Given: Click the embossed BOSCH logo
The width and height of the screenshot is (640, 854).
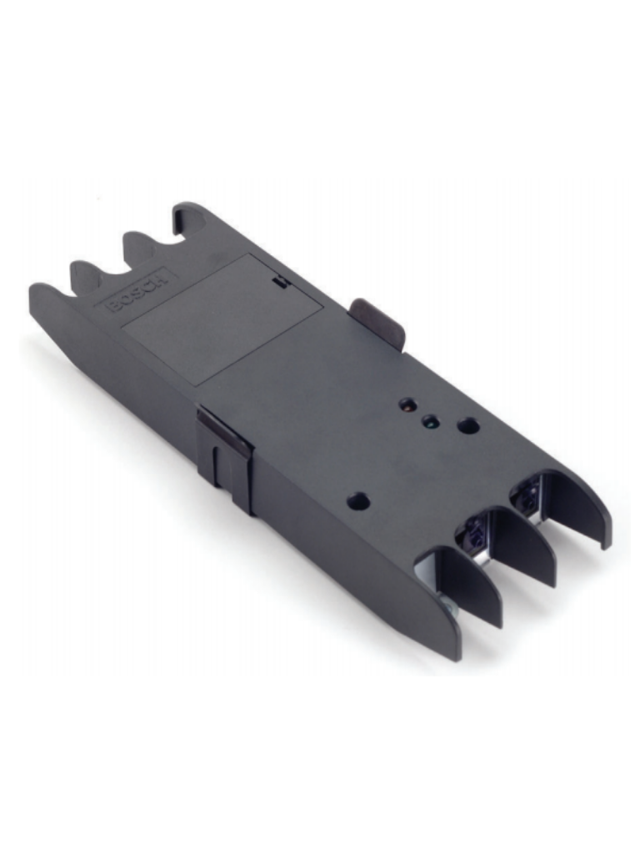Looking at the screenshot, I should click(x=138, y=289).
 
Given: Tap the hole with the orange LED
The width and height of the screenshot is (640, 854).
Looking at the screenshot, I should click(x=407, y=406).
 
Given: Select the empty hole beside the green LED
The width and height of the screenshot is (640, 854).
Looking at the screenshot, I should click(x=468, y=425).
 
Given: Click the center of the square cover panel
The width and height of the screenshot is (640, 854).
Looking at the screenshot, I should click(x=223, y=319).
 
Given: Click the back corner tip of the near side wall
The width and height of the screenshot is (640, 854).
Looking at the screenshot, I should click(x=38, y=292).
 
